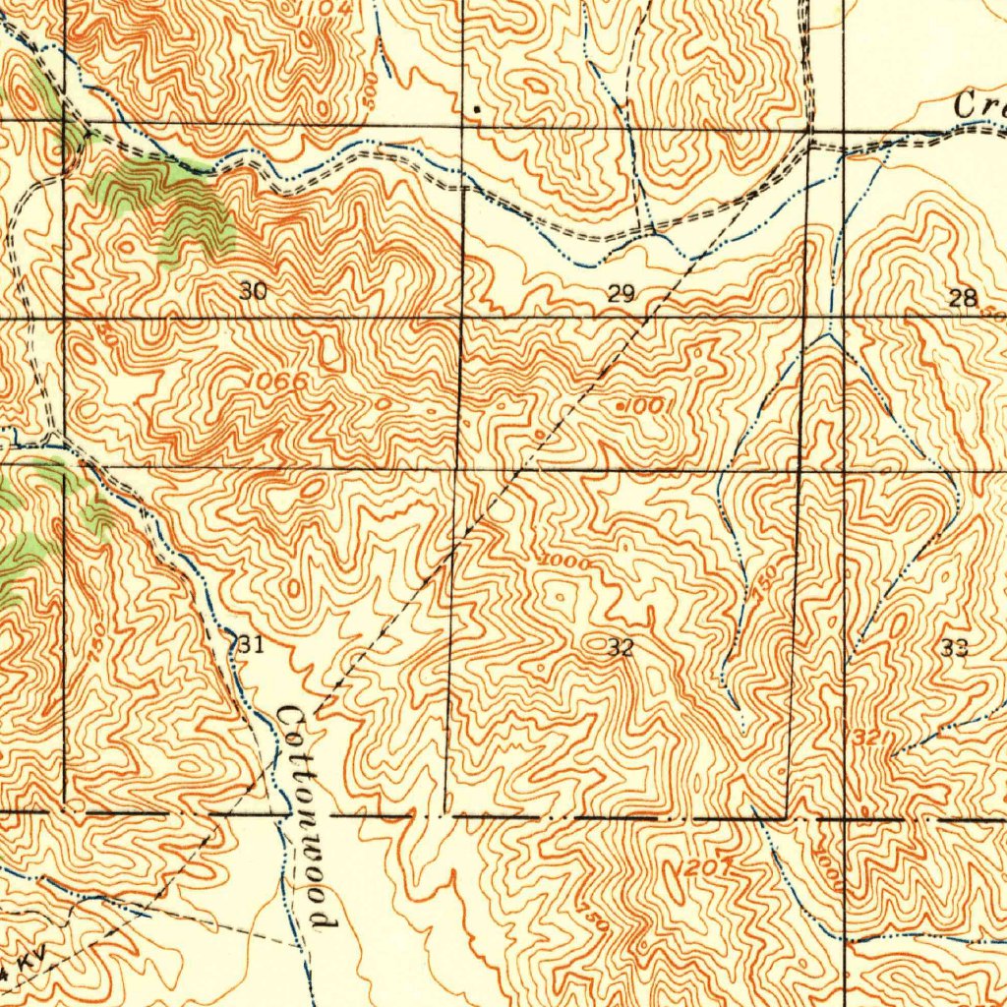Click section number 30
tap(253, 291)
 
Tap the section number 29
tap(621, 292)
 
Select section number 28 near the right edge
tap(962, 299)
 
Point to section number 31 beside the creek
tap(251, 645)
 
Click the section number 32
tap(620, 648)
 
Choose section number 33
tap(954, 647)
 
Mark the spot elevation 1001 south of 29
tap(645, 405)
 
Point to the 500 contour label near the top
tap(370, 89)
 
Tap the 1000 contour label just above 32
tap(564, 562)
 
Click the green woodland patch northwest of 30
tap(187, 207)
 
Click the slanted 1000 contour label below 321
tap(828, 869)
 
